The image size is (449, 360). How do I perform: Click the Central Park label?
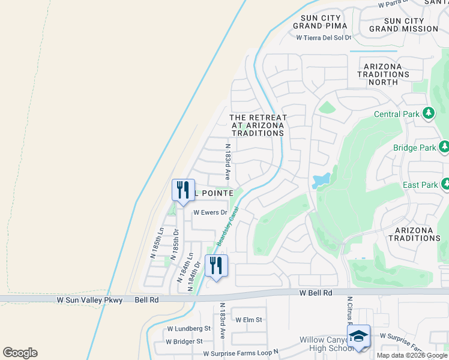click(398, 114)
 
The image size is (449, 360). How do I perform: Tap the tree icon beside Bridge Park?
click(444, 146)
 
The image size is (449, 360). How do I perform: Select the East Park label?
click(420, 185)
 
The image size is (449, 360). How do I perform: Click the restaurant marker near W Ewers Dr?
click(183, 189)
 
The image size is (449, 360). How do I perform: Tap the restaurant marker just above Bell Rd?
click(216, 265)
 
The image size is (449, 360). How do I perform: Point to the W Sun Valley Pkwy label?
click(89, 299)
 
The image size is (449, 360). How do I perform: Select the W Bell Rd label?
click(316, 293)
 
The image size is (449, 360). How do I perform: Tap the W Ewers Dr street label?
click(210, 212)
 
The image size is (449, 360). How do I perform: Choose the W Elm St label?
click(249, 320)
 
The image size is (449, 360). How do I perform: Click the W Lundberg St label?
click(188, 329)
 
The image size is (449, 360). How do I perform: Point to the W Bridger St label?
click(185, 341)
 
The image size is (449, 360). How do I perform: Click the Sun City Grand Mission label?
click(404, 25)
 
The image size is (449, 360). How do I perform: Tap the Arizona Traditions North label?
click(383, 74)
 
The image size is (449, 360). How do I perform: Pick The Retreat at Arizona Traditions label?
click(258, 125)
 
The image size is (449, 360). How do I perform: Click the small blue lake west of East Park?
click(321, 179)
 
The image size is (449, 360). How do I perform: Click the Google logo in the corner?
click(20, 353)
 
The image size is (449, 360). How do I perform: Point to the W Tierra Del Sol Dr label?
click(324, 37)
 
